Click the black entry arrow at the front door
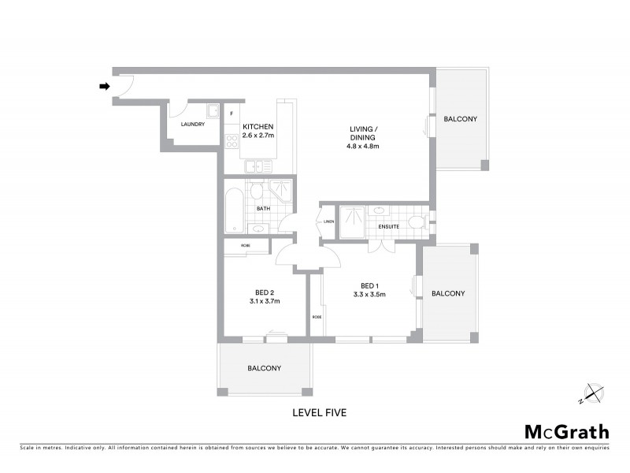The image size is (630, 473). [103, 87]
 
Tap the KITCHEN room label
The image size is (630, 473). [258, 127]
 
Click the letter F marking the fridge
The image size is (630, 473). [232, 114]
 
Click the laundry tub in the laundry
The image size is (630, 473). [212, 111]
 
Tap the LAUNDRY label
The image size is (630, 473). [192, 125]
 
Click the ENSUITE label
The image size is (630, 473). [387, 227]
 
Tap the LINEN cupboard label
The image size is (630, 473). [328, 222]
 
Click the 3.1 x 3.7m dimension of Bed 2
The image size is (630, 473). [265, 301]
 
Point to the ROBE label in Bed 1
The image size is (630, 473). [317, 317]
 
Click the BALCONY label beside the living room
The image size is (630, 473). [460, 119]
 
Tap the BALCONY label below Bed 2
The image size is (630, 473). [264, 368]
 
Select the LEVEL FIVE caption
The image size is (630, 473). [319, 412]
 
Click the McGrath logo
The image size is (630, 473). [566, 431]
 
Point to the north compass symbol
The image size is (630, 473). [592, 392]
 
